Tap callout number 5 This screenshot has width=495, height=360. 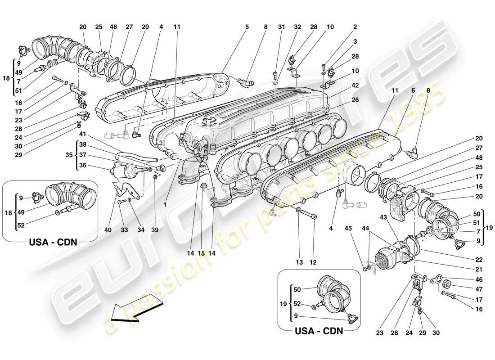point(247,27)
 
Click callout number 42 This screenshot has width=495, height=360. point(355,85)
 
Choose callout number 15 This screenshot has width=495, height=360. point(202,253)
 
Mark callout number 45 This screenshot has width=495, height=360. point(348,228)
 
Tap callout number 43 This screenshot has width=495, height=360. point(384,217)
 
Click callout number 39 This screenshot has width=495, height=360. point(155,230)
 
